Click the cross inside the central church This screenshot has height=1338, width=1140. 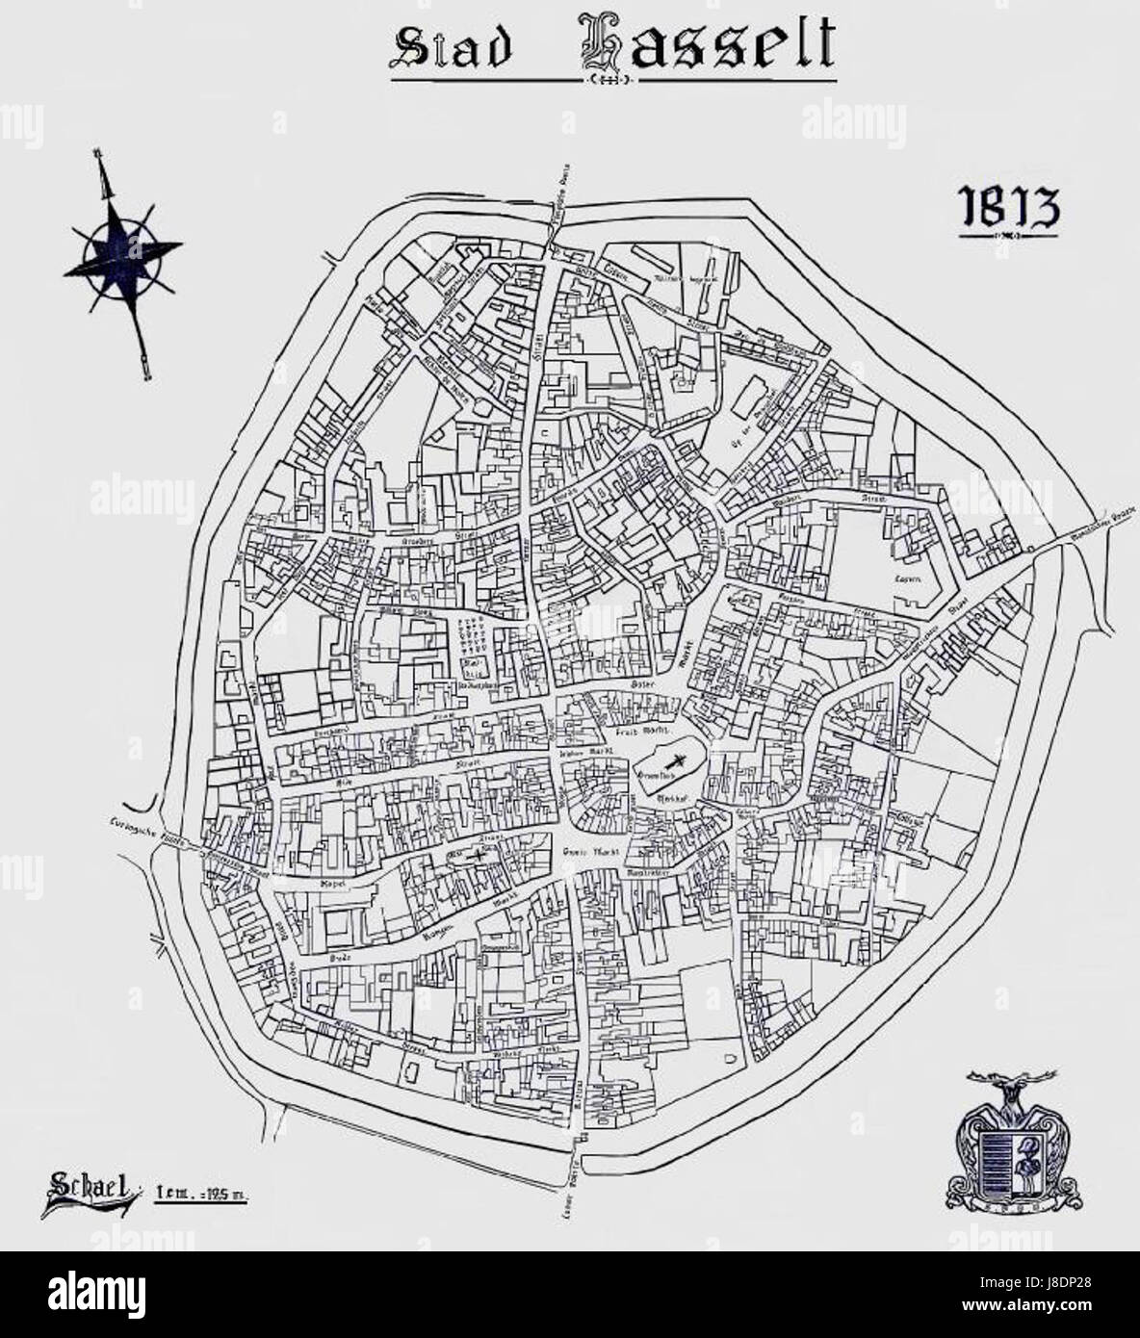point(678,759)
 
